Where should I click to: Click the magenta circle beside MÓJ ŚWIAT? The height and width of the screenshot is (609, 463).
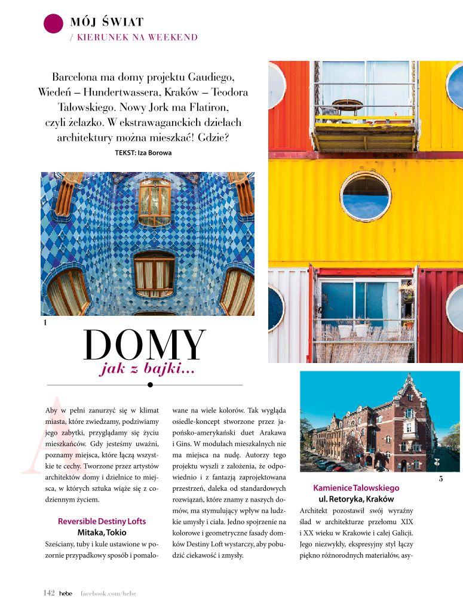click(53, 23)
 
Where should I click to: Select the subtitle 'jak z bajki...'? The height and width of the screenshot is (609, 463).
click(148, 370)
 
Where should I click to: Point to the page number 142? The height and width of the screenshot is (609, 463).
click(49, 593)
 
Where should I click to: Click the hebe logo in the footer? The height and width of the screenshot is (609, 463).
click(65, 593)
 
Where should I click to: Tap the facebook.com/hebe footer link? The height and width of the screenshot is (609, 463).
click(108, 593)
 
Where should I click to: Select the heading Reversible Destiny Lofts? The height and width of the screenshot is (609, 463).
click(102, 521)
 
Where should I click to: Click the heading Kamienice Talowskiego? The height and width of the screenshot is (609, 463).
click(356, 488)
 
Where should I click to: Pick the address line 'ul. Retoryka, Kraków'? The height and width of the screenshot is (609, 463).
click(356, 499)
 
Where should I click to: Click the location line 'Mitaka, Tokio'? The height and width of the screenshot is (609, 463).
click(102, 532)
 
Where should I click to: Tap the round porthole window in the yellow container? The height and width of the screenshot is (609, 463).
click(366, 196)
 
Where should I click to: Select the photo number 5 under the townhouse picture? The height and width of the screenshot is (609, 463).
click(441, 479)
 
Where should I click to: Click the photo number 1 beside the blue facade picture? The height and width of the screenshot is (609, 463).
click(45, 323)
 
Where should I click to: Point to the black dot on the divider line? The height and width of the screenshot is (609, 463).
click(150, 385)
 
